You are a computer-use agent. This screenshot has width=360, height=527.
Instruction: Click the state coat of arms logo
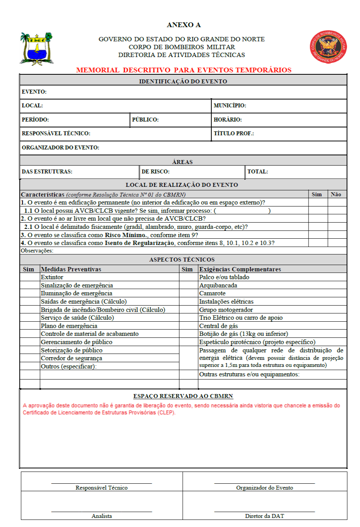click(x=37, y=48)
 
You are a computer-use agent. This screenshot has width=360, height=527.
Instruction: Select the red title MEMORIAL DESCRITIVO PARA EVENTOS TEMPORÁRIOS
click(x=184, y=70)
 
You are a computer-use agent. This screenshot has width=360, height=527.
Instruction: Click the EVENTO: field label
click(x=34, y=92)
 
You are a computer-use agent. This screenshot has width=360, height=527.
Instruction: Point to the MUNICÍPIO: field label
click(x=230, y=105)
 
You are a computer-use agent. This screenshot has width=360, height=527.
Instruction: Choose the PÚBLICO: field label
click(x=145, y=120)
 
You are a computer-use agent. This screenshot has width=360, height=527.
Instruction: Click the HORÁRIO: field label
click(x=228, y=120)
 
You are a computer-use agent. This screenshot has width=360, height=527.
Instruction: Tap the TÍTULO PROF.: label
click(x=234, y=133)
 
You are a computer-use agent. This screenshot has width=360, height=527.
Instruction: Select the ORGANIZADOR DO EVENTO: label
click(x=61, y=148)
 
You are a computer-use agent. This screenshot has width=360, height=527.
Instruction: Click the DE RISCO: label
click(x=155, y=171)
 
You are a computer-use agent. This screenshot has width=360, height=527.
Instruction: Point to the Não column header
click(x=336, y=194)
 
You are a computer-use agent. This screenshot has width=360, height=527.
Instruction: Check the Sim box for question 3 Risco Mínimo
click(x=318, y=235)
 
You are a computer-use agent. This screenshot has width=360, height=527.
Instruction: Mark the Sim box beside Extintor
click(x=30, y=277)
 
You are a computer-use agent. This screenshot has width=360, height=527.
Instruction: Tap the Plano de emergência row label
click(x=69, y=326)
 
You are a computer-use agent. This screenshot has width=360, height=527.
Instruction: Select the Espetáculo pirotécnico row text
click(x=257, y=342)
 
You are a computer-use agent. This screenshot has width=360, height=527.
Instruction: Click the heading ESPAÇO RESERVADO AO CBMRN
click(x=183, y=396)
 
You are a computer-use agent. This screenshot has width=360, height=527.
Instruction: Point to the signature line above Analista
click(x=102, y=511)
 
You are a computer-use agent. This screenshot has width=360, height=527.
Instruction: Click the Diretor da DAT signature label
click(x=264, y=516)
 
